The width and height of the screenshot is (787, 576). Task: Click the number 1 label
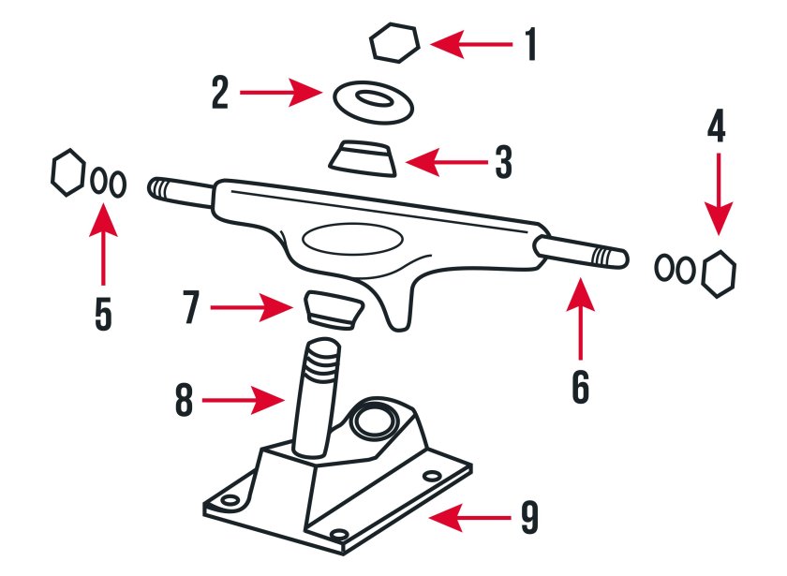(530, 45)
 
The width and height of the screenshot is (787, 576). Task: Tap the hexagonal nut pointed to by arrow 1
(394, 43)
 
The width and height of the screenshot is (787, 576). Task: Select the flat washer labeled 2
(374, 102)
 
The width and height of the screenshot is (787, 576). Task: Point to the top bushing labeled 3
(363, 158)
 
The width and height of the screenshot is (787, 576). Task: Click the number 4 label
(717, 126)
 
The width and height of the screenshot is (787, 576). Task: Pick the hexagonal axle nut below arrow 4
(720, 273)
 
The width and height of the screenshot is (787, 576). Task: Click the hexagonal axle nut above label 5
(68, 172)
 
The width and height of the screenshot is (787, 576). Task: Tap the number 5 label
(103, 314)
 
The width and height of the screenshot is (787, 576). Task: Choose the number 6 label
(581, 387)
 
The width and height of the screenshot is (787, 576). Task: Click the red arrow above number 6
(581, 318)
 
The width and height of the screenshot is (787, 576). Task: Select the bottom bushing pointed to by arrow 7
(334, 310)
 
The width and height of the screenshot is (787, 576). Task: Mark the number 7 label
(192, 307)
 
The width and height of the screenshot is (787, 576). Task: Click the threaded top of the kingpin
(321, 361)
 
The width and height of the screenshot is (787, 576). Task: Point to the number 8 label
(184, 400)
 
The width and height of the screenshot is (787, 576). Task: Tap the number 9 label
(529, 518)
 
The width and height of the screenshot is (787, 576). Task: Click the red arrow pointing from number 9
(469, 518)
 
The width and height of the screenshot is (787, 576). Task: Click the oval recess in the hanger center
(352, 239)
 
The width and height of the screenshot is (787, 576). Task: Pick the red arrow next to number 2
(281, 93)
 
